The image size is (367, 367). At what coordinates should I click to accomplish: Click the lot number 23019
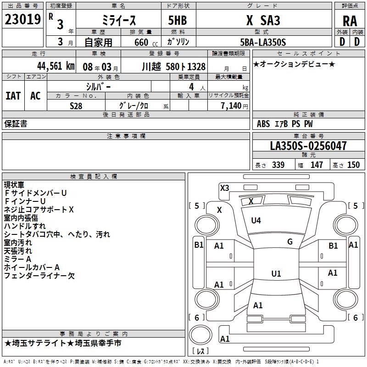(x=22, y=19)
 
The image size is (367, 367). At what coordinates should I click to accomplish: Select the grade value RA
(x=350, y=21)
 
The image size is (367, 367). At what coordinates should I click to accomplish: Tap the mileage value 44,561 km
(x=56, y=66)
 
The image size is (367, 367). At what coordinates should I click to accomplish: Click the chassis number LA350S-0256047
(x=308, y=145)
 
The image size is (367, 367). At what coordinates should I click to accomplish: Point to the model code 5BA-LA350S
(x=263, y=42)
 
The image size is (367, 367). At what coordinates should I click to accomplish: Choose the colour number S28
(x=76, y=106)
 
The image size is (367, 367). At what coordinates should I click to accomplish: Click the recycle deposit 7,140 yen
(x=234, y=106)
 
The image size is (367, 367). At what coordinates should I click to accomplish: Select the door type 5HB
(x=178, y=20)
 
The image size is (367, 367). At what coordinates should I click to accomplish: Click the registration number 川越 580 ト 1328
(x=174, y=67)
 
